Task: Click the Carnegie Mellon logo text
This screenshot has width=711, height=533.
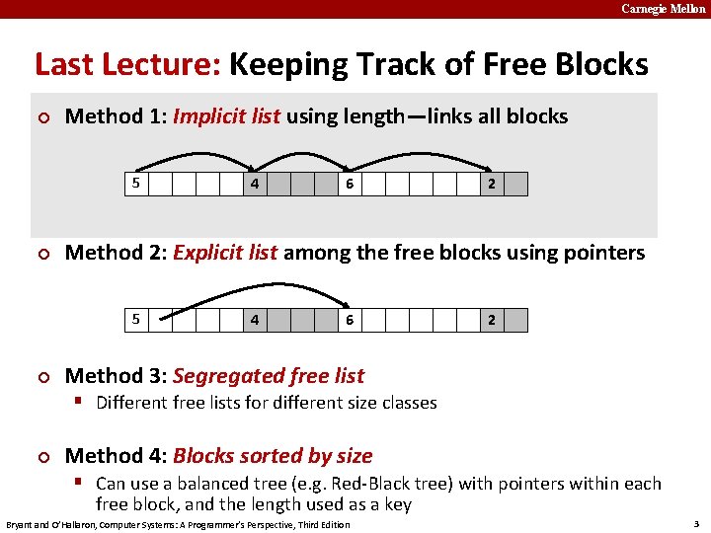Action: point(664,9)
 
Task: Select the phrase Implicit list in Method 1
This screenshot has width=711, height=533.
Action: point(226,116)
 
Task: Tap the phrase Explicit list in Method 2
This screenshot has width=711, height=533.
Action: point(224,253)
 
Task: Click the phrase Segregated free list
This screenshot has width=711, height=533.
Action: point(268,376)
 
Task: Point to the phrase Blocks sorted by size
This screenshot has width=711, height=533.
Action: point(272,456)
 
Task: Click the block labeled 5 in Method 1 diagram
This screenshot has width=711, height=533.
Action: point(137,184)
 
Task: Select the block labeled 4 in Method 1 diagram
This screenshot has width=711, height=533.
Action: point(255,184)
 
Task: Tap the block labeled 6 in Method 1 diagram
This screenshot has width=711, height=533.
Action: point(350,184)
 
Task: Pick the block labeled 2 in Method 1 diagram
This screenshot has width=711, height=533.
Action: point(492,184)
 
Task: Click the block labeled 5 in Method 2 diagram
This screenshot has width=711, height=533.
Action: point(137,320)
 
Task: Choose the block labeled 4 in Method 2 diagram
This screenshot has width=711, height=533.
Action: point(255,320)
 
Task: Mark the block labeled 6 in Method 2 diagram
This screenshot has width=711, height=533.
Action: point(350,320)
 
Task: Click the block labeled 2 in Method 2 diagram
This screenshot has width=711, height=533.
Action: point(492,320)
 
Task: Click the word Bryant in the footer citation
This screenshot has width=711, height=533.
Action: point(23,524)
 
